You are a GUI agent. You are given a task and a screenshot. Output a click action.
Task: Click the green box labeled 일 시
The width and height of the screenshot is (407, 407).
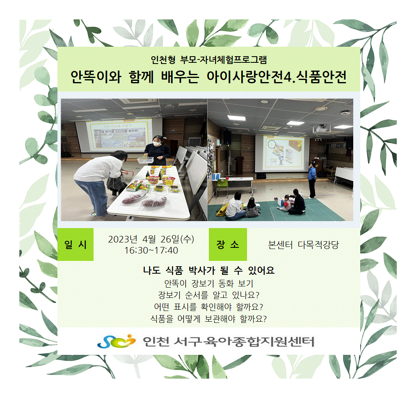pyautogui.click(x=75, y=244)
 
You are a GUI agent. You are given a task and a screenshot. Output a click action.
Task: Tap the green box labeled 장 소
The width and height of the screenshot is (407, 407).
pyautogui.click(x=228, y=244)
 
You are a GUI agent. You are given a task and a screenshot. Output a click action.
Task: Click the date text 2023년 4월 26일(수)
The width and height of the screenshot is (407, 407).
pyautogui.click(x=151, y=239)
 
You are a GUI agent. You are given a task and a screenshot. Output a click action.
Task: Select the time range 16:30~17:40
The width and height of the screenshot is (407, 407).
pyautogui.click(x=151, y=251)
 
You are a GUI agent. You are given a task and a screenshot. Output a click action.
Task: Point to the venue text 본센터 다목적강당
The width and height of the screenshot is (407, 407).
pyautogui.click(x=304, y=245)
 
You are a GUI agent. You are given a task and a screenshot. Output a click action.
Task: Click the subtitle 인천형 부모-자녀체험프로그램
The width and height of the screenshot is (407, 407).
pyautogui.click(x=209, y=60)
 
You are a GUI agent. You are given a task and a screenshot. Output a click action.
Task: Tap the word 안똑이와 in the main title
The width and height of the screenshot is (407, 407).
pyautogui.click(x=96, y=77)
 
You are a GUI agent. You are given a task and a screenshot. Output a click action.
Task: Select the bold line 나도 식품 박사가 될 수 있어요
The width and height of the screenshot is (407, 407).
pyautogui.click(x=209, y=270)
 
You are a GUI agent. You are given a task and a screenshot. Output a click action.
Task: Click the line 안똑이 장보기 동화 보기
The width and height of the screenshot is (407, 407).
pyautogui.click(x=209, y=284)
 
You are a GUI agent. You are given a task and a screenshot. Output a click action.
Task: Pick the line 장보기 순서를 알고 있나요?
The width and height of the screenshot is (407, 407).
pyautogui.click(x=209, y=295)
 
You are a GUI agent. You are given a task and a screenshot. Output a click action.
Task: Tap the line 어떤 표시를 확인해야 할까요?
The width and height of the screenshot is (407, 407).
pyautogui.click(x=209, y=307)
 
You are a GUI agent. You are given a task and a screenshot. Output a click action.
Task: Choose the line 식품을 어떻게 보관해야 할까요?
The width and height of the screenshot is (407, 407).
pyautogui.click(x=209, y=319)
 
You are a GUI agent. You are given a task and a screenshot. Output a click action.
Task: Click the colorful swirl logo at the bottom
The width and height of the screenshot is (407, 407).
pyautogui.click(x=117, y=341)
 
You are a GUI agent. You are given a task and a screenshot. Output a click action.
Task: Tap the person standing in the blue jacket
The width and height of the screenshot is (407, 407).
pyautogui.click(x=312, y=180)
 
